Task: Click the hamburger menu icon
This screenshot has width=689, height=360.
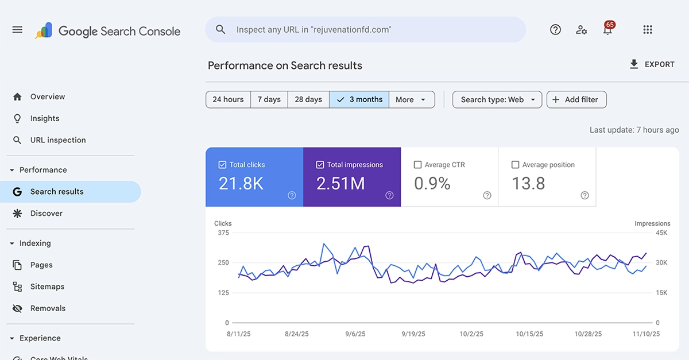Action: point(17,30)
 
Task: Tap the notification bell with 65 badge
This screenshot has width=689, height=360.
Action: point(607,30)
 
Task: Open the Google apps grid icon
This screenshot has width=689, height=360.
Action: point(648,30)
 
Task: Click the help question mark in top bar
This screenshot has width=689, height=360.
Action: point(555,30)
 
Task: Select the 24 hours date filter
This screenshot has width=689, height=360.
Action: point(228,99)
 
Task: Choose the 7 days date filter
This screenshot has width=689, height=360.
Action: point(269,99)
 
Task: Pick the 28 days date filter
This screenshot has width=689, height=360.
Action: point(308,99)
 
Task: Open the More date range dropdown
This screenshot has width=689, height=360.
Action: point(412,99)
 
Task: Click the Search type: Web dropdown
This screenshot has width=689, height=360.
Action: point(497,99)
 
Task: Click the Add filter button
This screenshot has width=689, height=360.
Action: point(576,99)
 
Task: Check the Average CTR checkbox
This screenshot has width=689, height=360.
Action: point(418,165)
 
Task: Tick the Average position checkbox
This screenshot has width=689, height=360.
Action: point(515,165)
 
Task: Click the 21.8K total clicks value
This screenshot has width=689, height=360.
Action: point(241,183)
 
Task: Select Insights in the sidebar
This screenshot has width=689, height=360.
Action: point(45,118)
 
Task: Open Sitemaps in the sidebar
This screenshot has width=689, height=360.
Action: point(47,287)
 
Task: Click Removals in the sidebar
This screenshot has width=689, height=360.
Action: point(48,308)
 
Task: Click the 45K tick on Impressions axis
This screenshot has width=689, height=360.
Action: point(661,233)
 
